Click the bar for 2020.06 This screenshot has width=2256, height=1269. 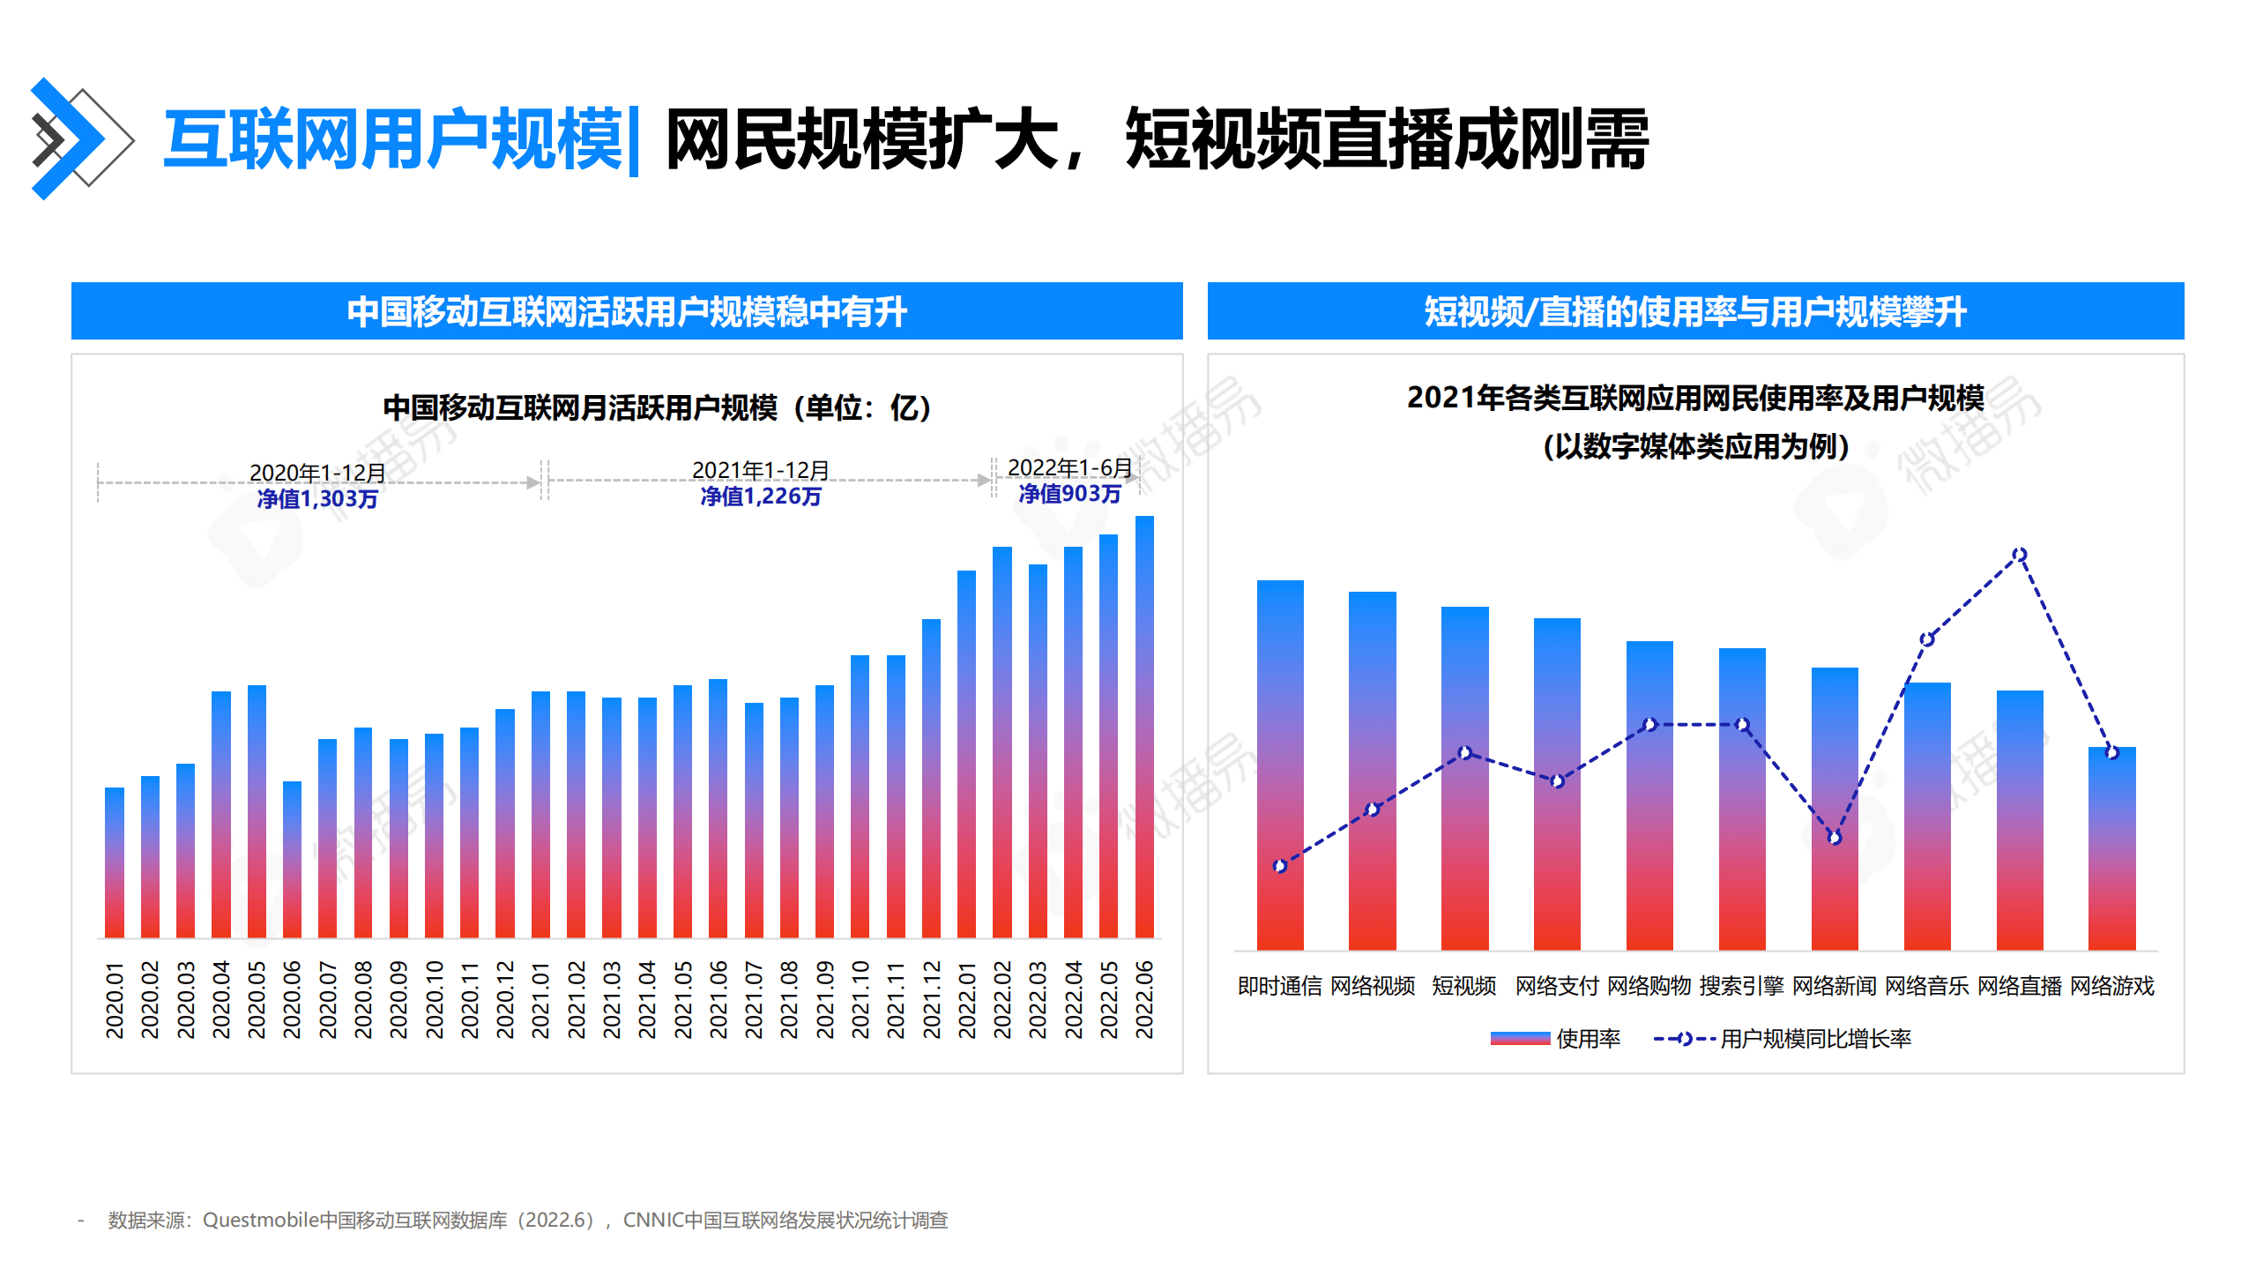point(292,859)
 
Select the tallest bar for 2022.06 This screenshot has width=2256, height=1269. point(1143,727)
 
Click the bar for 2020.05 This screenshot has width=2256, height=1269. point(257,810)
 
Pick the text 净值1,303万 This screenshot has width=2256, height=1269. point(317,499)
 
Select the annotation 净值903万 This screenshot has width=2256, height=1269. point(1069,494)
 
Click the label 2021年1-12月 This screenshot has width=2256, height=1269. point(760,470)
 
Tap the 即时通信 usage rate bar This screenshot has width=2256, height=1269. point(1279,765)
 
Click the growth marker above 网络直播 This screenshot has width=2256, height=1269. point(2019,555)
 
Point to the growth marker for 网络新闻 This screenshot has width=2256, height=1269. point(1834,838)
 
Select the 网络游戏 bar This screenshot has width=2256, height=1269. point(2111,848)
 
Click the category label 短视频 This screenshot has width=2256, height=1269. point(1463,986)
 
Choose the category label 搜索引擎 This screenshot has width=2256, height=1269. point(1741,986)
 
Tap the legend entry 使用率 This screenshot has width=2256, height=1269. point(1556,1039)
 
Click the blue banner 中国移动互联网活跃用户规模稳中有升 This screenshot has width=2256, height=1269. point(626,311)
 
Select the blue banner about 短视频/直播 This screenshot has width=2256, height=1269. point(1694,311)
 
